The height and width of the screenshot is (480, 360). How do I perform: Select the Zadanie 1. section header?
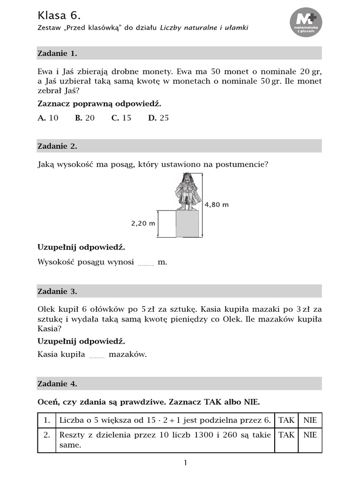57,53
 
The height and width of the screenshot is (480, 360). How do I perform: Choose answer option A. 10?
48,118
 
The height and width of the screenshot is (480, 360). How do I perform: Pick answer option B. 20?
85,118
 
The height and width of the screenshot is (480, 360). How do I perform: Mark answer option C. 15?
121,118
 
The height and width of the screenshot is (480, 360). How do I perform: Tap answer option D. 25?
158,118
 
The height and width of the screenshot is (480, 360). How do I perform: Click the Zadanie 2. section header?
57,146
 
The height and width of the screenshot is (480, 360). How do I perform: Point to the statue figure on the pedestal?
188,191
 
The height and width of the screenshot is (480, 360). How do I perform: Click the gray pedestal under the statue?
187,224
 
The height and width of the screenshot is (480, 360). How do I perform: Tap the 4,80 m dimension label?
217,205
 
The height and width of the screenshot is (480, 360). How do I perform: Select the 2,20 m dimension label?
143,224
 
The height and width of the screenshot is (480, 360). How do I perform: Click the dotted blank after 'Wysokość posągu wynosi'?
146,264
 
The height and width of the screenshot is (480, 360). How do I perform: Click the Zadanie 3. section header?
57,292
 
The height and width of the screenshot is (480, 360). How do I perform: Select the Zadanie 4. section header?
57,384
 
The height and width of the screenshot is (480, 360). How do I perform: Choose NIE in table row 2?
310,435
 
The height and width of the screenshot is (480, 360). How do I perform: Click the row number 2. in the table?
46,435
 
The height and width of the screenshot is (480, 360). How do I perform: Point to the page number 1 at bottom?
185,463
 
